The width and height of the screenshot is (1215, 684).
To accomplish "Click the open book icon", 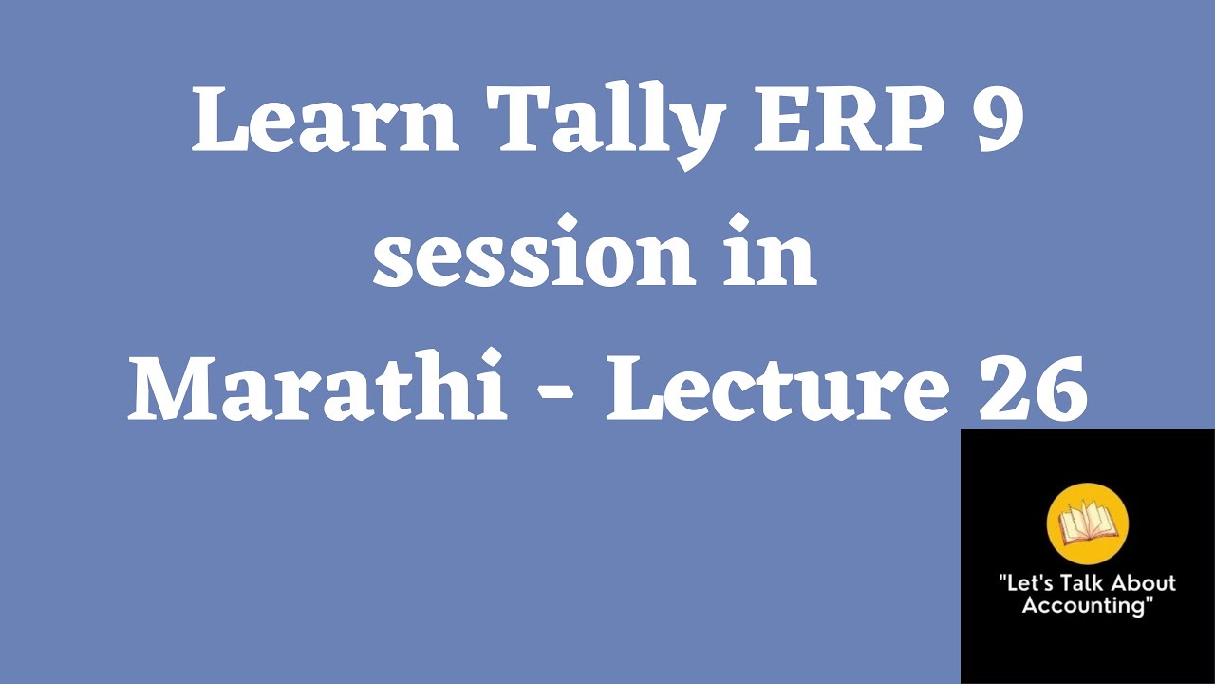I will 1086,524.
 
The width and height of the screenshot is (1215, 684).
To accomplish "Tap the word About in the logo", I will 1142,583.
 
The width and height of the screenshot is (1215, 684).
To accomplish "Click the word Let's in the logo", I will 1025,583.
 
